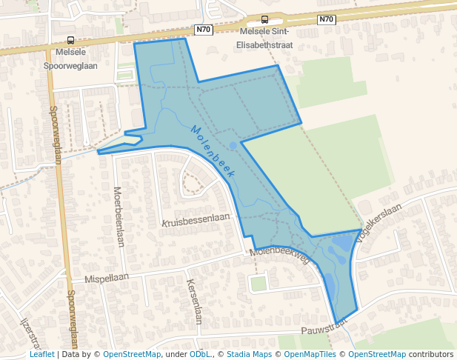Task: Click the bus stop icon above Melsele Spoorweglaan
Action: [x=70, y=41]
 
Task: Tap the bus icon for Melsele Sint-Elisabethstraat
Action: [x=264, y=21]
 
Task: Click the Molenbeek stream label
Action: [x=213, y=150]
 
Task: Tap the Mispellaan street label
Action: [x=107, y=277]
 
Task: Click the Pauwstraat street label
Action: [x=324, y=328]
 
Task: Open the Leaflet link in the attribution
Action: [x=41, y=354]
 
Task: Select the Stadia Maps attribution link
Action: [x=247, y=354]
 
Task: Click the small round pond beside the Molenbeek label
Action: [x=233, y=145]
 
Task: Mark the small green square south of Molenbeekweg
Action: [x=258, y=284]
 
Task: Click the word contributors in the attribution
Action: [x=430, y=354]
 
